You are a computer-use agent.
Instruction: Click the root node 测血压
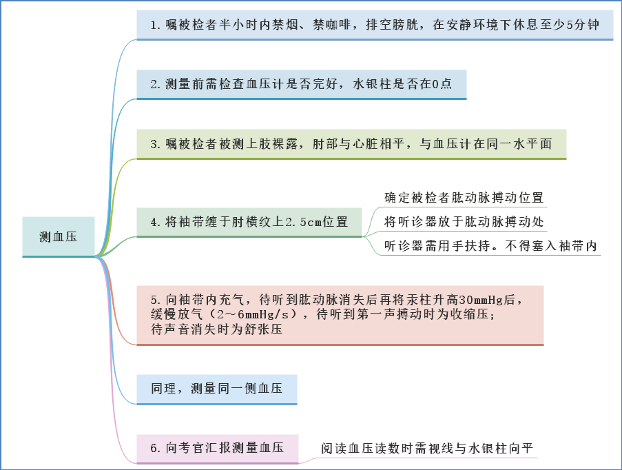click(x=59, y=236)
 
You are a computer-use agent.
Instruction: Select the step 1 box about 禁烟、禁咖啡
click(x=375, y=25)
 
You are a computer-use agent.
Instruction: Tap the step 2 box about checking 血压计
click(x=302, y=85)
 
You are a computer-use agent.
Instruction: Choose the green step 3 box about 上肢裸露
click(x=351, y=144)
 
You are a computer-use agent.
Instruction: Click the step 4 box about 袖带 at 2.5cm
click(x=249, y=223)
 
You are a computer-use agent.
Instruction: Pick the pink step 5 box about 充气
click(x=340, y=315)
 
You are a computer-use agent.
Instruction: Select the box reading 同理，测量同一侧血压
click(x=217, y=389)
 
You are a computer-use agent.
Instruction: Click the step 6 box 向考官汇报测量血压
click(x=218, y=449)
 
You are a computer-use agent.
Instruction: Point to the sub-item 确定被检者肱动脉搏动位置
click(x=464, y=198)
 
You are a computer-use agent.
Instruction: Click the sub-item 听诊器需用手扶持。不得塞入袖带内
click(x=490, y=246)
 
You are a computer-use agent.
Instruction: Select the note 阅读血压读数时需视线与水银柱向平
click(x=427, y=449)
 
